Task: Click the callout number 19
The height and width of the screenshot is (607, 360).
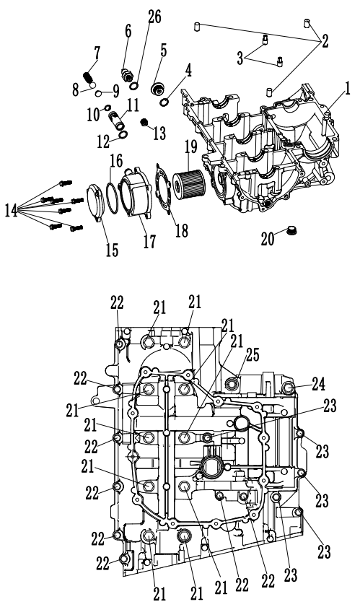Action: coord(190,147)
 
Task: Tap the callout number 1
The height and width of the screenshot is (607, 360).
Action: coord(347,88)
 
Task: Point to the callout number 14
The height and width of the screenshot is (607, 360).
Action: coord(12,211)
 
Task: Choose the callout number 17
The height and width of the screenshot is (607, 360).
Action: coord(149,242)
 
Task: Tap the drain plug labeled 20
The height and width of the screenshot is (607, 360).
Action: coord(291,231)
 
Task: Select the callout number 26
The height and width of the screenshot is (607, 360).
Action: coord(154,17)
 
